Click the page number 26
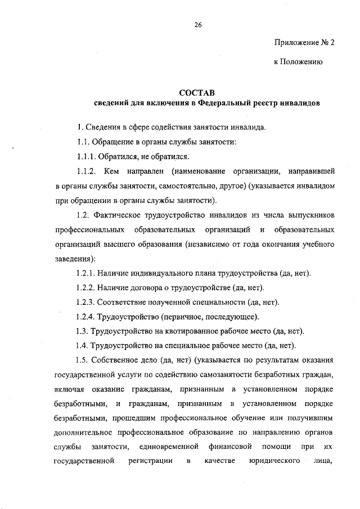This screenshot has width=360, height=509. pos(199,25)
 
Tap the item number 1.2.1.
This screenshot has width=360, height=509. pos(85,273)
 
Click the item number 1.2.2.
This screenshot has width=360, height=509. pos(85,287)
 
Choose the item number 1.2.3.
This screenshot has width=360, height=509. pos(85,302)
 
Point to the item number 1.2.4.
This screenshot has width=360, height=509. pos(85,317)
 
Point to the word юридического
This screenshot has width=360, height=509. pos(273,462)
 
